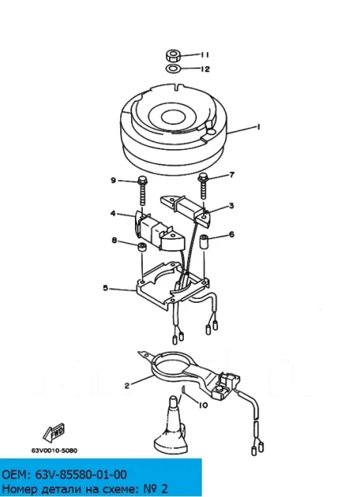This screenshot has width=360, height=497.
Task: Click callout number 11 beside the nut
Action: [x=205, y=55]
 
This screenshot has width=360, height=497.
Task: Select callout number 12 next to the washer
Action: [x=205, y=69]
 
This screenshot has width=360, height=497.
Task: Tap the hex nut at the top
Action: [x=173, y=56]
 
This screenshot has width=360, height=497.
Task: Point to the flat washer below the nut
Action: [x=173, y=68]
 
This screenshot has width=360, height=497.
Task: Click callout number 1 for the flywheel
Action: [x=258, y=127]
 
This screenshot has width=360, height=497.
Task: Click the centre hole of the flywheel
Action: [x=172, y=116]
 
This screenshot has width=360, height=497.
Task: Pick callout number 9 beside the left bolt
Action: [x=113, y=180]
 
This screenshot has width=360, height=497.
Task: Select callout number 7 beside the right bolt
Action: [x=232, y=175]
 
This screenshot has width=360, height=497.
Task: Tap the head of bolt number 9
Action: [x=142, y=180]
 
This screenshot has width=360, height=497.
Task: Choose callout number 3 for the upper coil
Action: [x=231, y=206]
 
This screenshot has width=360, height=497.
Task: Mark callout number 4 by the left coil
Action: [x=113, y=214]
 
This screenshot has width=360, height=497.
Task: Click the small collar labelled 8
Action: [x=141, y=247]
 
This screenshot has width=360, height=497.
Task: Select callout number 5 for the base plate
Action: [x=106, y=288]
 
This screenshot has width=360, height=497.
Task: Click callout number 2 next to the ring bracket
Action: [x=127, y=386]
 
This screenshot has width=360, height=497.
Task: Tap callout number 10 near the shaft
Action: [x=203, y=405]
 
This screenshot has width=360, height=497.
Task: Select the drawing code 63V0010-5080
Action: [x=54, y=450]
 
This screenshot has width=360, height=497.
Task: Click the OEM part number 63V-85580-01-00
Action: [x=64, y=474]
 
